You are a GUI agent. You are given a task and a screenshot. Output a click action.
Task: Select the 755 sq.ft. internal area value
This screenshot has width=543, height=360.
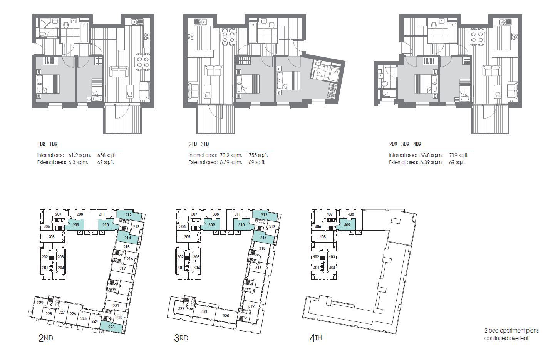(258, 156)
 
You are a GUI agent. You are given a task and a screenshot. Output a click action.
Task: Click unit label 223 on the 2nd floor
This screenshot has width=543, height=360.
(111, 327)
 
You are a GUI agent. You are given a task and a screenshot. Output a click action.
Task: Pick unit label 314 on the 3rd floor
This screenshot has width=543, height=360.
(263, 238)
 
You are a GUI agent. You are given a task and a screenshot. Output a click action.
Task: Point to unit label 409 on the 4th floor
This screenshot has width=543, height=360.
(347, 225)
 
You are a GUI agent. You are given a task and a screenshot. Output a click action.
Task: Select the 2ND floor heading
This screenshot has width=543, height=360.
(45, 338)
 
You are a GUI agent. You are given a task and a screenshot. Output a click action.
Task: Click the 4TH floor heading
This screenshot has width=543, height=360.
(315, 338)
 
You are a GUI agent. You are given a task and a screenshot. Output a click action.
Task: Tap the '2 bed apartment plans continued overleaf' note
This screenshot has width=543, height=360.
(511, 335)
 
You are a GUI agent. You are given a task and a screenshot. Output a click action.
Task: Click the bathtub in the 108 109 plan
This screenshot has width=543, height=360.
(84, 32)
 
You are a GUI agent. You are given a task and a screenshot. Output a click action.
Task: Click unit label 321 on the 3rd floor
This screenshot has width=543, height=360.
(205, 311)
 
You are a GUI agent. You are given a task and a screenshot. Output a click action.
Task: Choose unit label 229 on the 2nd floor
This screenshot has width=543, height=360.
(40, 303)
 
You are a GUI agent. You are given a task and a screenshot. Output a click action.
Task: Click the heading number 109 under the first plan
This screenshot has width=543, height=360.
(54, 144)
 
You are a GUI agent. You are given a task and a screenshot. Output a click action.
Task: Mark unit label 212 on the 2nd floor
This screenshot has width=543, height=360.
(128, 215)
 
